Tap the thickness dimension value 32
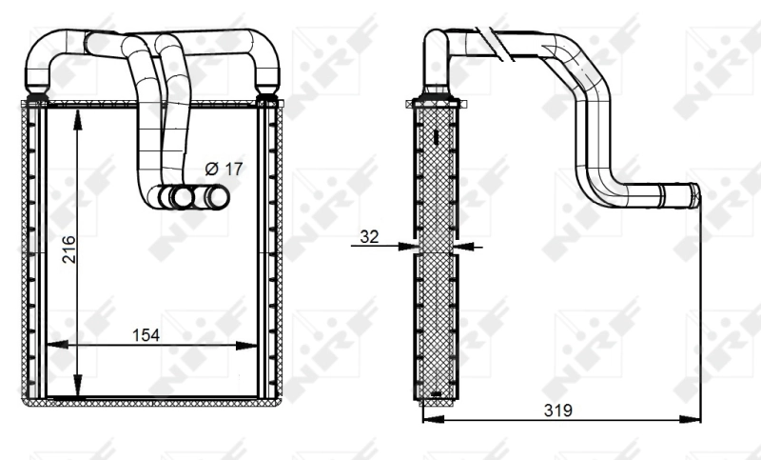click(x=370, y=235)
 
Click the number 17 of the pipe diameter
click(x=234, y=168)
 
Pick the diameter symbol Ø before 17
click(x=211, y=168)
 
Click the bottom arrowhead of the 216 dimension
click(x=77, y=390)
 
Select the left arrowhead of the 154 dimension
click(x=53, y=345)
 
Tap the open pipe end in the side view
click(x=694, y=195)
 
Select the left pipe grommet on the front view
click(x=38, y=96)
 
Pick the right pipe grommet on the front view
click(x=266, y=96)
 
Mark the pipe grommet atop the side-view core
click(x=436, y=94)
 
